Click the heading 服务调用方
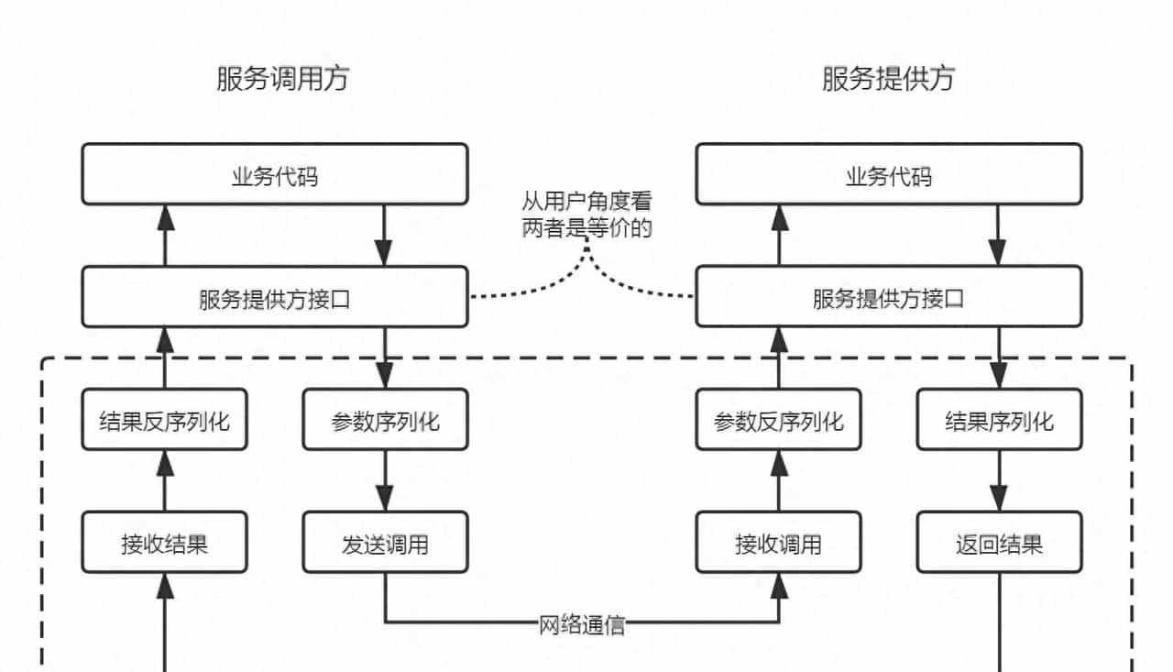point(282,79)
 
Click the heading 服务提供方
point(888,79)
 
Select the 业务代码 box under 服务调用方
point(274,174)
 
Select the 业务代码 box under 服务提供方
point(888,174)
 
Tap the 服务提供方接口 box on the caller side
point(274,297)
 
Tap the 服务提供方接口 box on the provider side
point(888,297)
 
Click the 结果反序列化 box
point(164,420)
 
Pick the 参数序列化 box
point(385,420)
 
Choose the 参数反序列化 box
point(778,420)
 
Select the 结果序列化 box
point(999,420)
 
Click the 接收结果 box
point(164,543)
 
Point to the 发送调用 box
point(385,543)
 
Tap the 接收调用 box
point(778,543)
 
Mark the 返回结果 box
point(999,543)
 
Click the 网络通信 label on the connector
point(582,625)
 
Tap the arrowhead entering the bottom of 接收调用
point(779,585)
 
